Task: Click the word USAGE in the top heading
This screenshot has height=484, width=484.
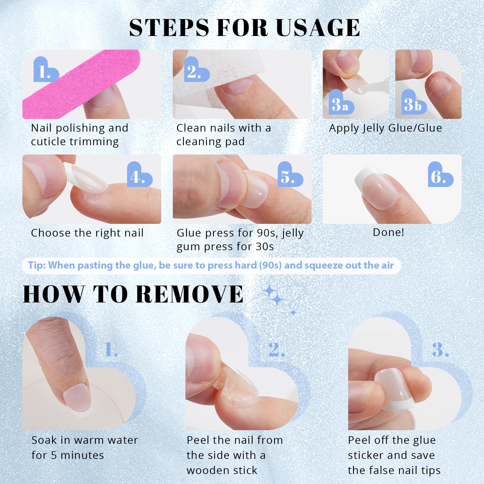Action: pos(318,28)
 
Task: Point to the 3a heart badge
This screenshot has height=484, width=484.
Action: pos(341,102)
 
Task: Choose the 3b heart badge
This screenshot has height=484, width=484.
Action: pos(414,102)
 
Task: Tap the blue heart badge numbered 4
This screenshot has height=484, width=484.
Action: pos(139,174)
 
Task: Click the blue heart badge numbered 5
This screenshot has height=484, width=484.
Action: pos(290,174)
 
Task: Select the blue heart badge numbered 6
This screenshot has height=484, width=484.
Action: pos(440,174)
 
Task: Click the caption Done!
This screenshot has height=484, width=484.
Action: pos(388,232)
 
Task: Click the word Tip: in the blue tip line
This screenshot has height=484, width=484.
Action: pos(37,265)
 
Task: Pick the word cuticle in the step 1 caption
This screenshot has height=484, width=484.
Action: pos(49,142)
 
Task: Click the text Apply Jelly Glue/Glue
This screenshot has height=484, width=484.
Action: pos(385,128)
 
